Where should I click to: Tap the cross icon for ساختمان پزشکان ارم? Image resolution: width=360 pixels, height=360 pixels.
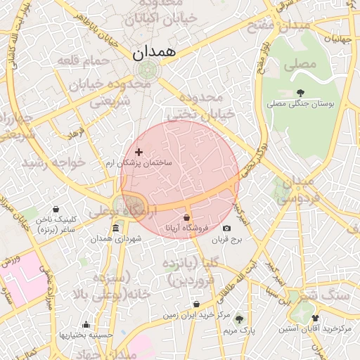coord(139,152)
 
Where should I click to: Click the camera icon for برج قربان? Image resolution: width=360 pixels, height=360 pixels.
coord(226,228)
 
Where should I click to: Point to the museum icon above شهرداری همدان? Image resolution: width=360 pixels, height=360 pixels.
coord(115,228)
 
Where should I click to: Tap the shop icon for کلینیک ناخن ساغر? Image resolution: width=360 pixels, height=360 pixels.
coord(57,209)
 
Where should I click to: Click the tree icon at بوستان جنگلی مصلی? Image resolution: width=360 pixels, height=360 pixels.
coord(301,92)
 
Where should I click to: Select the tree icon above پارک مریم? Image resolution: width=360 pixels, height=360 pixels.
coord(238,319)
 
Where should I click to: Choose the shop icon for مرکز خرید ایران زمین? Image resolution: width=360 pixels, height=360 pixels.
coord(196,304)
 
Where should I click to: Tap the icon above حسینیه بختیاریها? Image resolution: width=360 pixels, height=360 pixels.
coord(86,324)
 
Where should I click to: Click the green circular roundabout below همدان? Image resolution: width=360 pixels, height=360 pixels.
coord(148,70)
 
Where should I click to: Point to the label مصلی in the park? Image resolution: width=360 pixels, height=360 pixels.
coord(300,66)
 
